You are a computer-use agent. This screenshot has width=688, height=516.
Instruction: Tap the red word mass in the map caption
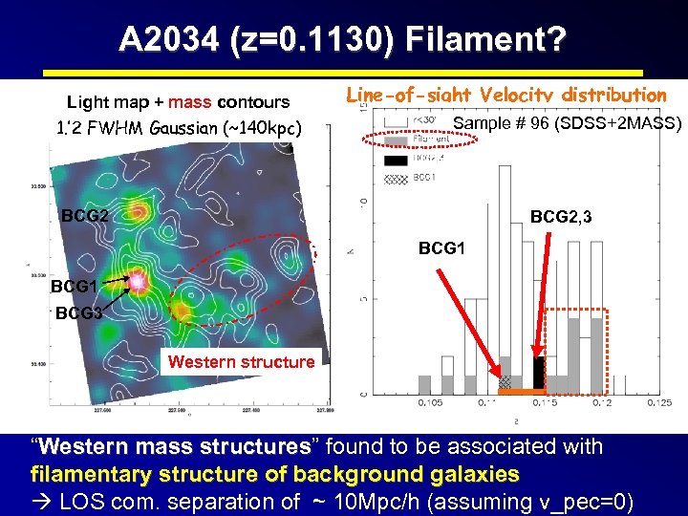coord(190,102)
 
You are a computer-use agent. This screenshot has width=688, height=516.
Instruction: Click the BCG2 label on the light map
coord(84,215)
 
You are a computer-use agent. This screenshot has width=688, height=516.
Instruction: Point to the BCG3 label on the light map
coord(78,312)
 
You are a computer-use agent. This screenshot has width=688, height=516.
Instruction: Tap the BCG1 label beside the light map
coord(74,286)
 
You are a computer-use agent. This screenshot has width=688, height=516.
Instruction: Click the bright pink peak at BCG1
coord(139,282)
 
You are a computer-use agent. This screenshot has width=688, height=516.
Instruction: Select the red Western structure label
coord(241,361)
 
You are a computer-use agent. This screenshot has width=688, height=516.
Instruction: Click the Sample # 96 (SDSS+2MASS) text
coord(568,122)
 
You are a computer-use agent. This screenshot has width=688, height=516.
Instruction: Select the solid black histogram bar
coord(538,374)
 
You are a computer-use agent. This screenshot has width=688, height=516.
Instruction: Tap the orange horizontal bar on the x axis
coord(521,392)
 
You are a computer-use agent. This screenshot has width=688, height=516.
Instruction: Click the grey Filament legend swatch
coord(395,140)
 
